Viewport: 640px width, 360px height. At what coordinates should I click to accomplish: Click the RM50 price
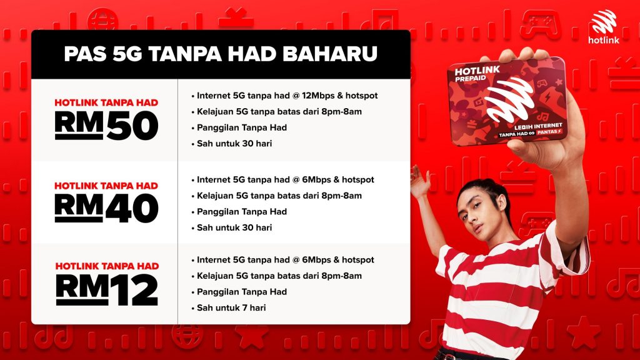click(x=106, y=125)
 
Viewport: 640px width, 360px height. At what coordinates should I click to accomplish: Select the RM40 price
click(x=106, y=208)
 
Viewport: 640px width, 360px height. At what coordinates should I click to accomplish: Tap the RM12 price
click(x=107, y=290)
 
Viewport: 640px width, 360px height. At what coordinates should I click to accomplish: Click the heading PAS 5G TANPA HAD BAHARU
click(x=221, y=54)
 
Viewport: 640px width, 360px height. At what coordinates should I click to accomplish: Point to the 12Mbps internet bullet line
click(x=285, y=96)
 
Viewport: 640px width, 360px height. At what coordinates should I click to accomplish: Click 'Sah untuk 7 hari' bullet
click(x=229, y=307)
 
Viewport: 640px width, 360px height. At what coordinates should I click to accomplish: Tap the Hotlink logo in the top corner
click(x=603, y=27)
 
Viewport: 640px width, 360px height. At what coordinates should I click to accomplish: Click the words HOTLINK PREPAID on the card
click(x=476, y=74)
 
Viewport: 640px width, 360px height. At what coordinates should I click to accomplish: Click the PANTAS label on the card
click(x=549, y=132)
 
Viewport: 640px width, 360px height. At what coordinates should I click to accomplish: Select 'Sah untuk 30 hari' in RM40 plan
click(x=232, y=227)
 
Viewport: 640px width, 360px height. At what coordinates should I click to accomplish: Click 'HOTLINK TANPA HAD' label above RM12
click(x=107, y=266)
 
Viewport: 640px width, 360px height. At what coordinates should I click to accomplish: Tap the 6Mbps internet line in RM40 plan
click(x=283, y=179)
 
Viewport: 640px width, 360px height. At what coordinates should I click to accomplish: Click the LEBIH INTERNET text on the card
click(x=538, y=126)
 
